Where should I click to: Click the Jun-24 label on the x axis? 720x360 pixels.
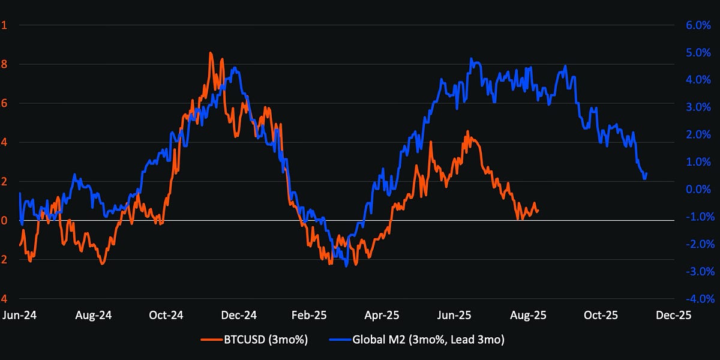(x=20, y=315)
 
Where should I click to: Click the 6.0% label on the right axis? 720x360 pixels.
(x=697, y=25)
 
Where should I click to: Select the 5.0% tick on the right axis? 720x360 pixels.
(x=697, y=53)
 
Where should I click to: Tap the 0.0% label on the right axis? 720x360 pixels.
(x=697, y=190)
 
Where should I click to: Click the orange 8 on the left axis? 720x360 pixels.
(x=4, y=64)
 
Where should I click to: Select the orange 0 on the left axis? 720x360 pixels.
(x=4, y=221)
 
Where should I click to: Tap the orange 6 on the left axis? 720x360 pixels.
(x=4, y=103)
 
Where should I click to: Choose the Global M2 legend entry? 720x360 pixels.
(x=416, y=340)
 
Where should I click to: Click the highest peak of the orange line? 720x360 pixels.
(x=210, y=53)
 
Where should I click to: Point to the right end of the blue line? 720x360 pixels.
(x=647, y=174)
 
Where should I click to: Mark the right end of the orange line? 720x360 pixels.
(x=538, y=211)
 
